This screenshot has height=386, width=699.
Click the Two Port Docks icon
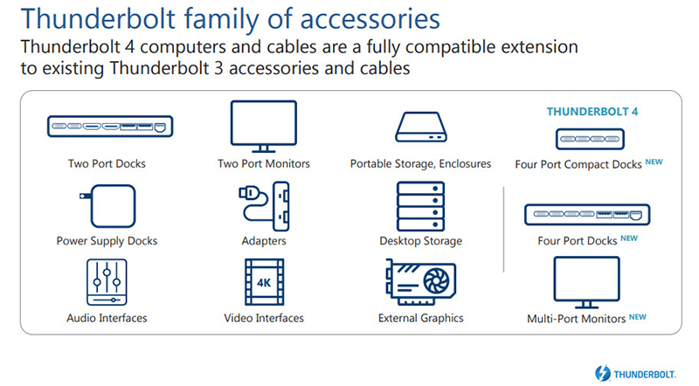click(110, 126)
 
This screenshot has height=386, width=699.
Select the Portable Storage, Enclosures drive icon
click(421, 127)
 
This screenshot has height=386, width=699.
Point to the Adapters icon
click(264, 206)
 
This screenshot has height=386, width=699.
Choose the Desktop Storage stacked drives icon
click(420, 206)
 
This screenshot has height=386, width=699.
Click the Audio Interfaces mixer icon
click(107, 282)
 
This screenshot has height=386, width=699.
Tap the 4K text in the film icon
click(264, 283)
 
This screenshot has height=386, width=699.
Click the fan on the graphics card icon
click(436, 281)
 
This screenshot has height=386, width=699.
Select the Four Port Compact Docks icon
click(590, 139)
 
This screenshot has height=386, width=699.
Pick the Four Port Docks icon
click(587, 214)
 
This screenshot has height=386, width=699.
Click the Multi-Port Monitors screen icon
click(586, 282)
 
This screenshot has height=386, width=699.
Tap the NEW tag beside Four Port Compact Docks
click(654, 162)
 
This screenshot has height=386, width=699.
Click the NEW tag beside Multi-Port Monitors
click(638, 317)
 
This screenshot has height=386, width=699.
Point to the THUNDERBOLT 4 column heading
click(592, 112)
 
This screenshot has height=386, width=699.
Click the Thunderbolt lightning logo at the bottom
click(603, 374)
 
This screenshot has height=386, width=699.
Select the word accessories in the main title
click(370, 18)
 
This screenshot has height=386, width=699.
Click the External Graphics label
click(421, 318)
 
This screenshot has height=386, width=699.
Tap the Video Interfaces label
click(264, 318)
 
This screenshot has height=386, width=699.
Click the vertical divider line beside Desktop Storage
click(504, 229)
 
